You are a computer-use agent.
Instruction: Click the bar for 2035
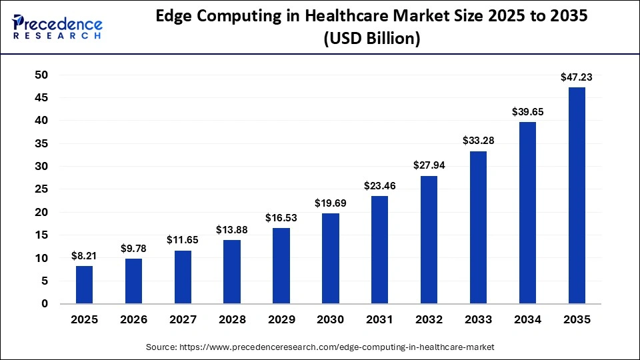coord(577,195)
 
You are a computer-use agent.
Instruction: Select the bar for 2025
coord(84,285)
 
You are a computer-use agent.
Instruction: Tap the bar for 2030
coord(330,259)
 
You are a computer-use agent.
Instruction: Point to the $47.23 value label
coord(577,77)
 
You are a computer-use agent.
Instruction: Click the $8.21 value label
coord(84,256)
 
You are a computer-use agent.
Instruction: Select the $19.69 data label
coord(330,203)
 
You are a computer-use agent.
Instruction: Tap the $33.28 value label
coord(478,141)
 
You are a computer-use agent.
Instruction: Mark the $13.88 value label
coord(232,230)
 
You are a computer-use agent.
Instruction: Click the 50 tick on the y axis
coord(41,75)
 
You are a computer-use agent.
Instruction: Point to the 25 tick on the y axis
coord(41,189)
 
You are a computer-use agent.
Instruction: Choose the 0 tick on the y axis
coord(45,304)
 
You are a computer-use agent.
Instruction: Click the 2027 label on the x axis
coord(183,320)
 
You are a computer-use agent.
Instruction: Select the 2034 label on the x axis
coord(527,320)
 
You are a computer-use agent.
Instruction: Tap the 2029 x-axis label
coord(281,320)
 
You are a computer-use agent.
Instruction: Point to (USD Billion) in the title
coord(371,39)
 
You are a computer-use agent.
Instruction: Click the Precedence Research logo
coord(57,27)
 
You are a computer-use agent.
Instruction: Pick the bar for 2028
coord(232,272)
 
